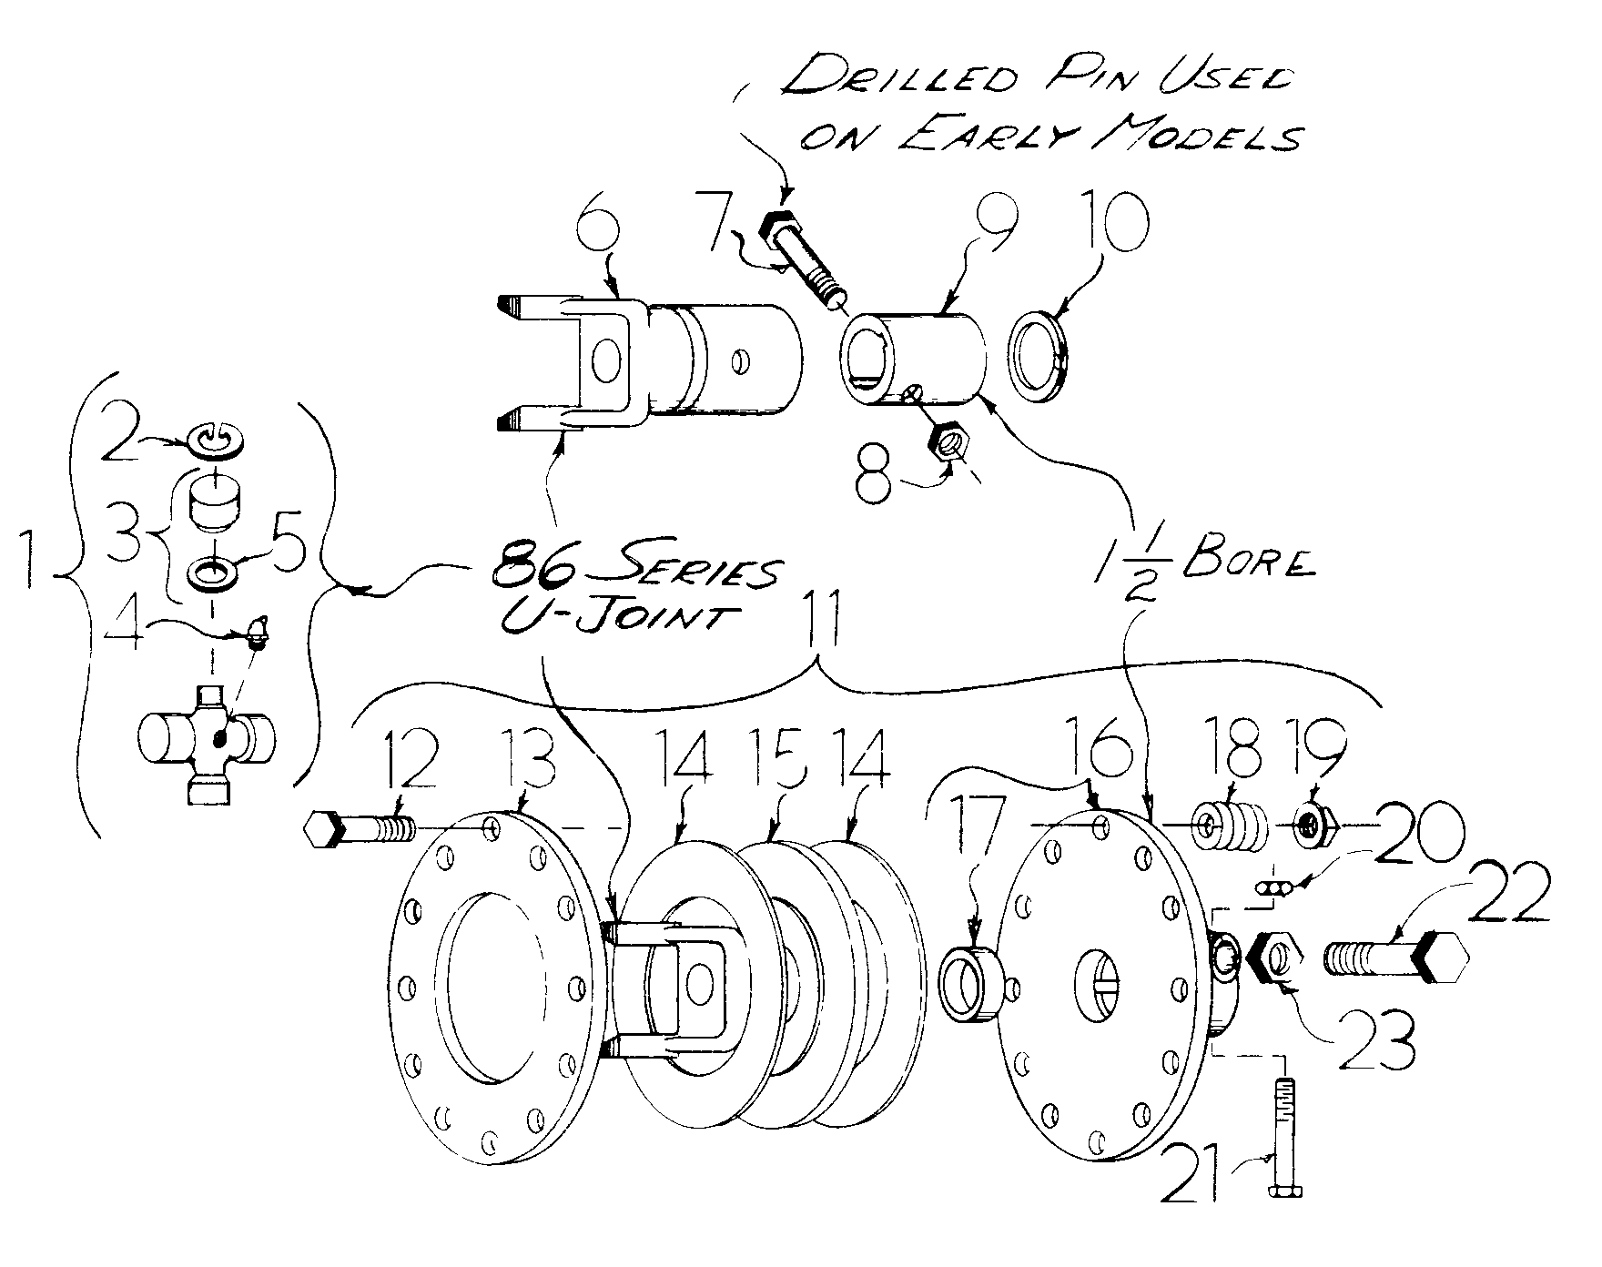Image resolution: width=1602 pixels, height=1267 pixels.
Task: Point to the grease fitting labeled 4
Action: pyautogui.click(x=258, y=634)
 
